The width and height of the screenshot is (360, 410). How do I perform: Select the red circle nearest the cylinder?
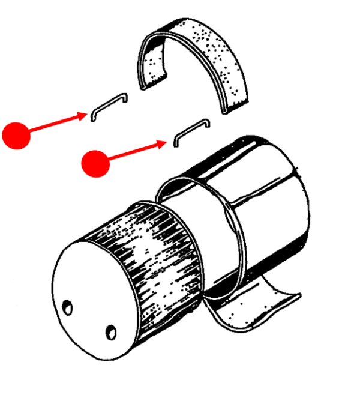(x=95, y=163)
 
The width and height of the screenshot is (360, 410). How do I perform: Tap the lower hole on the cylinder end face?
(x=111, y=331)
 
